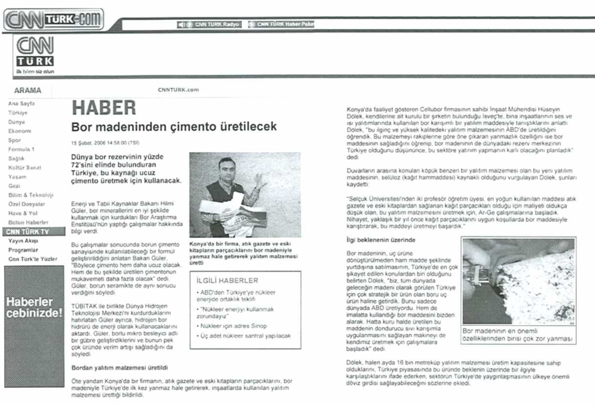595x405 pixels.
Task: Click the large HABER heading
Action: [x=104, y=108]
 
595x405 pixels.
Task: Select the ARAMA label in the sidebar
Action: [x=28, y=90]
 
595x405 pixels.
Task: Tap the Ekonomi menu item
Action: [x=20, y=131]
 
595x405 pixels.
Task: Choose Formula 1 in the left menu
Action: [x=21, y=149]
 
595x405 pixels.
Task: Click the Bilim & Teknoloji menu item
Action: [x=31, y=195]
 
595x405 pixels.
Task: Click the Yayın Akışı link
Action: [x=23, y=241]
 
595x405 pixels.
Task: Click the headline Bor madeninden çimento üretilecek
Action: [x=174, y=127]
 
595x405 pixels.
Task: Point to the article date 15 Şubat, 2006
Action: [x=105, y=142]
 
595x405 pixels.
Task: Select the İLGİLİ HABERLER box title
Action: [x=227, y=281]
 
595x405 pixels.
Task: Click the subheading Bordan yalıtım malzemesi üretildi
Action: [x=120, y=367]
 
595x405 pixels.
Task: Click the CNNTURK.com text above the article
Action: [x=178, y=90]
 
